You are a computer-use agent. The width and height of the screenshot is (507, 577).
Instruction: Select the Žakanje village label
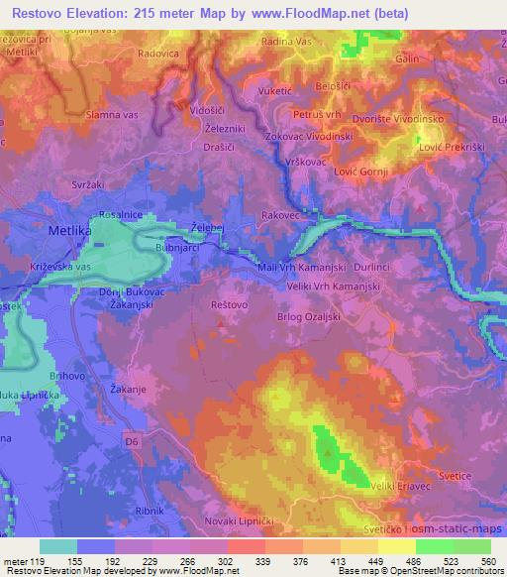(129, 388)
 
